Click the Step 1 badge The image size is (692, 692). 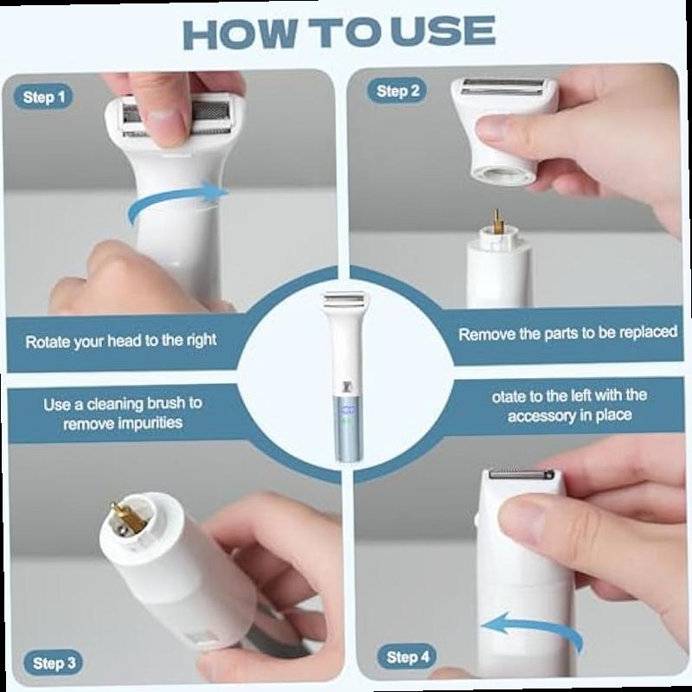pyautogui.click(x=43, y=97)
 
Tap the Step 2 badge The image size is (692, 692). pyautogui.click(x=397, y=91)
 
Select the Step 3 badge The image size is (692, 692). pyautogui.click(x=54, y=663)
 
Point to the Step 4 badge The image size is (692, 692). pyautogui.click(x=407, y=657)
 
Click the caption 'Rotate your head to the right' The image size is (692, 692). pyautogui.click(x=121, y=341)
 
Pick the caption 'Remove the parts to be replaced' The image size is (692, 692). pyautogui.click(x=567, y=333)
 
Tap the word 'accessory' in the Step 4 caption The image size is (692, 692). pyautogui.click(x=549, y=416)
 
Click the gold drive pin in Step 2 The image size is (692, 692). pyautogui.click(x=497, y=223)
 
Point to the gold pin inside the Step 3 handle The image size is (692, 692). pyautogui.click(x=128, y=516)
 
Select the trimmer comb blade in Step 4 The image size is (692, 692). pyautogui.click(x=522, y=475)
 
